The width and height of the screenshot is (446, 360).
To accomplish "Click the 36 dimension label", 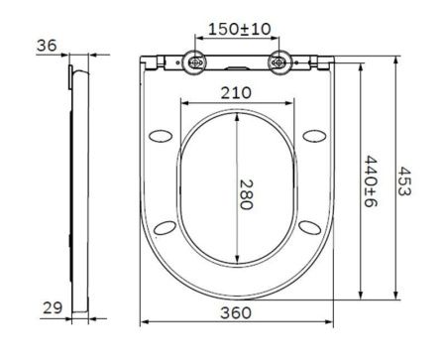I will point(47,45).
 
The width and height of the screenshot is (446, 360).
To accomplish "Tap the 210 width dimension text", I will point(235,91).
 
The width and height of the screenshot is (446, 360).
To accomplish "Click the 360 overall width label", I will point(235,311).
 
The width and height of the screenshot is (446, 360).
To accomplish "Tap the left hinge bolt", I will point(195,64).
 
